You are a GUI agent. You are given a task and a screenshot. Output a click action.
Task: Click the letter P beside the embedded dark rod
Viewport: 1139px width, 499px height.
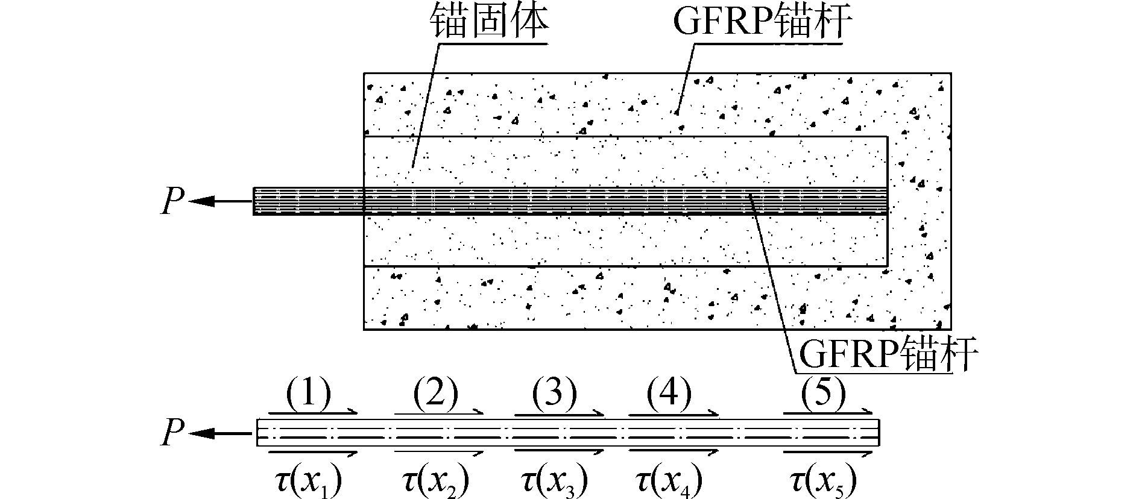tap(172, 201)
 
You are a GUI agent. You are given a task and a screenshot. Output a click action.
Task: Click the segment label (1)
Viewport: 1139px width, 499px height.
tap(308, 395)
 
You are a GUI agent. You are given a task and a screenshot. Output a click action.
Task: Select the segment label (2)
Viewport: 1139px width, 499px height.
tap(435, 395)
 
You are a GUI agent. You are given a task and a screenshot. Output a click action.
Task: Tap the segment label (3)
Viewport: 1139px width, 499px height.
tap(554, 395)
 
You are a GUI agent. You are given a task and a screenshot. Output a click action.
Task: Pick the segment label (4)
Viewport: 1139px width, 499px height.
tap(669, 395)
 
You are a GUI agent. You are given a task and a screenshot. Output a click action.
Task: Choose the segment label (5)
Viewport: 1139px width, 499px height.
tap(824, 395)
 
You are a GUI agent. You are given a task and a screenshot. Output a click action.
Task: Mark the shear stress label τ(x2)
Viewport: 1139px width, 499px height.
tap(435, 480)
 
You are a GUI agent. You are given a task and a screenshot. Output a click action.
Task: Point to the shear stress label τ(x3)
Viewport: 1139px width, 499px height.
tap(554, 480)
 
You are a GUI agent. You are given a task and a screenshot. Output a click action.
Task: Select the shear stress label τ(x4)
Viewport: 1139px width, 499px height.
tap(669, 480)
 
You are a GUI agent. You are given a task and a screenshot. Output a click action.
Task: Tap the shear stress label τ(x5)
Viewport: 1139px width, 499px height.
tap(824, 480)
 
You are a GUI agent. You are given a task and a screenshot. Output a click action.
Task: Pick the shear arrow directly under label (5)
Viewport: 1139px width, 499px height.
tap(827, 413)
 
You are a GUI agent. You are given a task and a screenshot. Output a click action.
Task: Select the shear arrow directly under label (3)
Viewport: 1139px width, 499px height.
tap(558, 413)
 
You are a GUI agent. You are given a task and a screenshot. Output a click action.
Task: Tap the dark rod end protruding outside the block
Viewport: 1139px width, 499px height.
tap(308, 201)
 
